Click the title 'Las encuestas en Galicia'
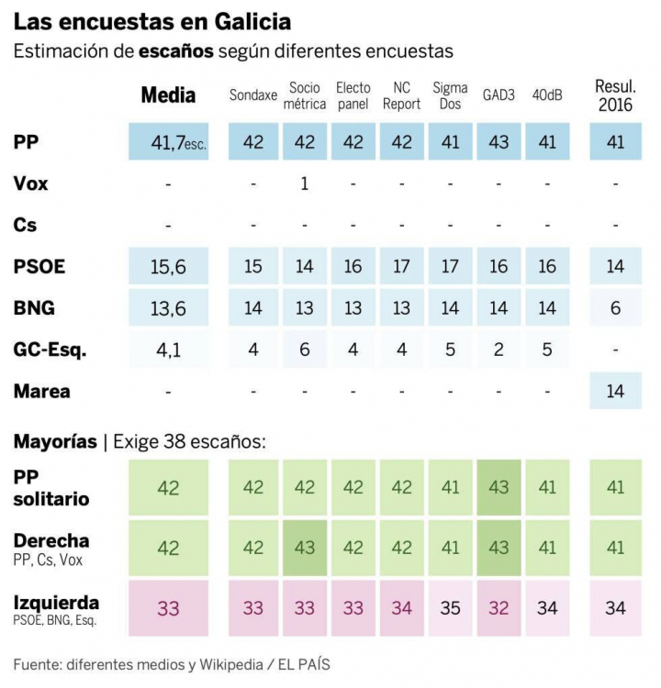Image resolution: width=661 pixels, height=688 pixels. [152, 21]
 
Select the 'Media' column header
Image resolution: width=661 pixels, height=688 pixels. [168, 95]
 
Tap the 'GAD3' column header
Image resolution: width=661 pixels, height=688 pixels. [499, 95]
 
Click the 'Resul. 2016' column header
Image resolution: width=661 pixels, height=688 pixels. [615, 95]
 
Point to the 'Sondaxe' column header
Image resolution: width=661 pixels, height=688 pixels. [252, 95]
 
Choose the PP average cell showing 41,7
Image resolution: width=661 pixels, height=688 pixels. [169, 142]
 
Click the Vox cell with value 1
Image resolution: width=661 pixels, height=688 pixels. [304, 183]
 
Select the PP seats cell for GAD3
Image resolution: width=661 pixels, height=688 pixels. [499, 142]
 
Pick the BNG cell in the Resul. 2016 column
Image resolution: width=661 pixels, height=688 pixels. [615, 308]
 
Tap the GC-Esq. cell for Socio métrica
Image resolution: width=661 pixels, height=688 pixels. [304, 350]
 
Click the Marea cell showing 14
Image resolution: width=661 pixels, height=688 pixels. [615, 392]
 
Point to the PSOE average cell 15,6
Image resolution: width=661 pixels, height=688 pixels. [169, 267]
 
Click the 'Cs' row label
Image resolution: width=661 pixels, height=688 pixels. [25, 225]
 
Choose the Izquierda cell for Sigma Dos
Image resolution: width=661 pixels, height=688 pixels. [450, 606]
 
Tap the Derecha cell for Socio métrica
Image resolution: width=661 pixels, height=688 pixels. [304, 547]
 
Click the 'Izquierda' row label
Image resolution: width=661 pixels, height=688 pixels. [56, 603]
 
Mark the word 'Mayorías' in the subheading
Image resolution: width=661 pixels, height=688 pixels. [55, 441]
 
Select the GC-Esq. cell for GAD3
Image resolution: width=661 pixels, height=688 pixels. [499, 350]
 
